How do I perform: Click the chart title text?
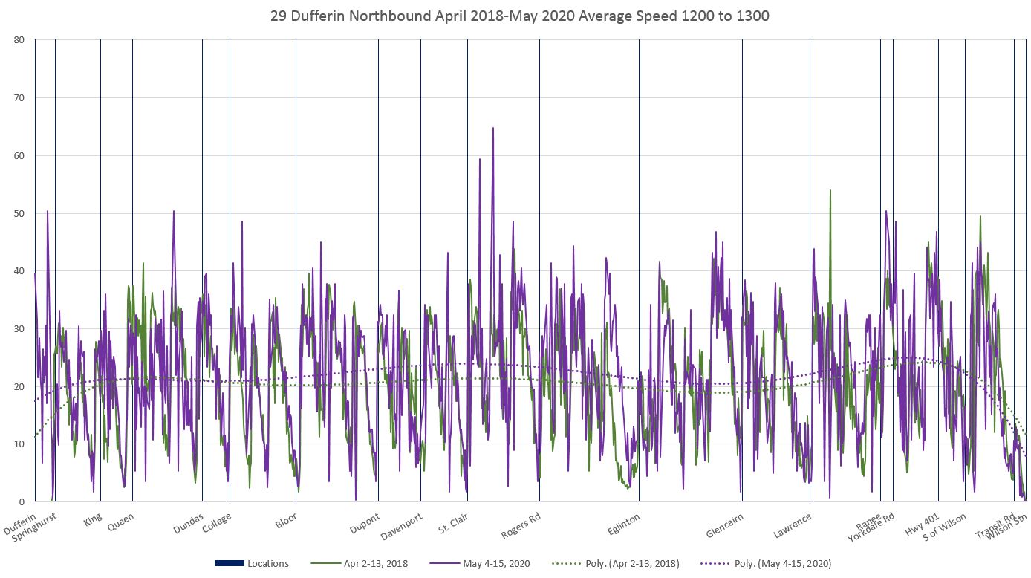click(x=520, y=16)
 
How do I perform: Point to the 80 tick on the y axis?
click(x=19, y=40)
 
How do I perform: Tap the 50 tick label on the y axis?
click(x=19, y=213)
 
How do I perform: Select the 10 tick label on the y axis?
click(x=19, y=444)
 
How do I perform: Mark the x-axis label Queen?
click(x=120, y=522)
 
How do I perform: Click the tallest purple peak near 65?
click(x=492, y=128)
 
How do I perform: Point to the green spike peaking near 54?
click(x=830, y=190)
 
